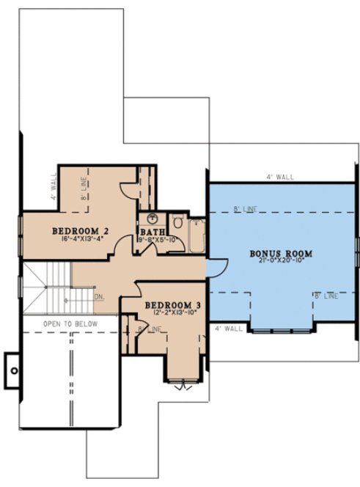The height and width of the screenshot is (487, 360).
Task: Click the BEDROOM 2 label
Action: pos(78,231)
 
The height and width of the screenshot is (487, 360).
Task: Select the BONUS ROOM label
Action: pos(281,254)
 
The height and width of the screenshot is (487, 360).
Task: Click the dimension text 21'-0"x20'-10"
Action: pos(281,262)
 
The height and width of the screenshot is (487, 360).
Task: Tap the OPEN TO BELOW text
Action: pos(69,323)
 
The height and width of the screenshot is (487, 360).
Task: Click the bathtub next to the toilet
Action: pos(196,235)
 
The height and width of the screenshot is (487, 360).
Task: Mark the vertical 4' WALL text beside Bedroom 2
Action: pos(54,188)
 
